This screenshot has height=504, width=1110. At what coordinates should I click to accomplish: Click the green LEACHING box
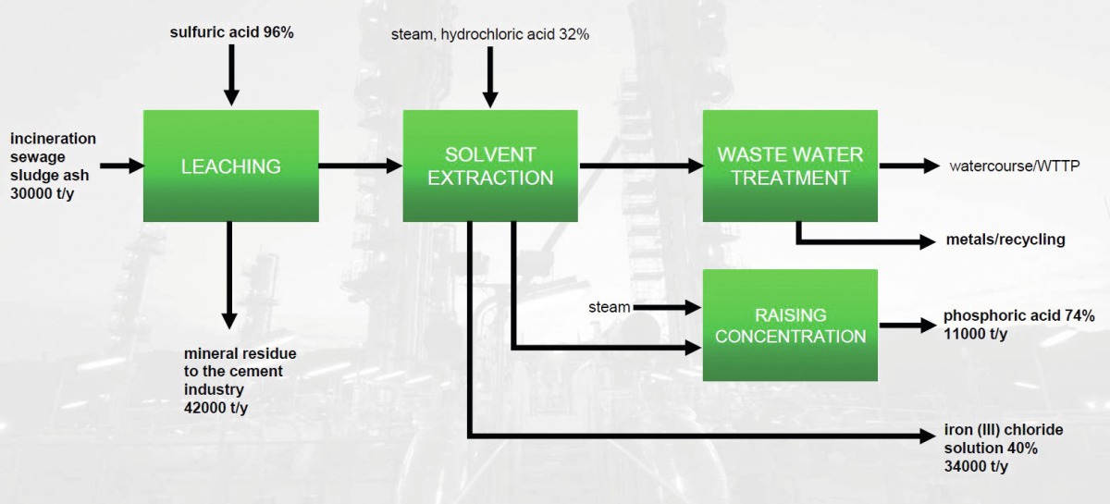click(x=231, y=166)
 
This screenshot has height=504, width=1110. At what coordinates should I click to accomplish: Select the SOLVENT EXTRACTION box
click(x=490, y=166)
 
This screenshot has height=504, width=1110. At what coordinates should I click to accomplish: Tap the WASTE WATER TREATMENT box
click(x=790, y=166)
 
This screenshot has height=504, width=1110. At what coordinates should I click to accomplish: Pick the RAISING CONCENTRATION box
click(x=790, y=326)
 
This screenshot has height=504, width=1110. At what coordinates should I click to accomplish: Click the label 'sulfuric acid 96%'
click(x=231, y=32)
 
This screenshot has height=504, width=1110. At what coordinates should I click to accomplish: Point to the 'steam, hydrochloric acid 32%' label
click(x=490, y=35)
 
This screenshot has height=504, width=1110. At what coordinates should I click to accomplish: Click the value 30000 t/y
click(x=43, y=194)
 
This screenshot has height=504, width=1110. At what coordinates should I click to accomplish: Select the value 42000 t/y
click(x=216, y=408)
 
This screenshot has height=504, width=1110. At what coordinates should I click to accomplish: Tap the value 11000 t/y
click(x=975, y=334)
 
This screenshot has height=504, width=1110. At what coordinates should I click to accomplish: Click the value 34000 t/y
click(x=976, y=466)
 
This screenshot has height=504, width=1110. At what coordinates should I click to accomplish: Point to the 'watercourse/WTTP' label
click(x=1015, y=166)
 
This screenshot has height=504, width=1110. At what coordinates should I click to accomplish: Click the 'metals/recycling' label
click(x=1005, y=240)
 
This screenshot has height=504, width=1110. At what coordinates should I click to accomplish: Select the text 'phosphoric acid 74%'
click(x=1018, y=315)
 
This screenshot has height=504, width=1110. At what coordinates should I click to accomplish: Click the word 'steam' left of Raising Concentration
click(x=609, y=307)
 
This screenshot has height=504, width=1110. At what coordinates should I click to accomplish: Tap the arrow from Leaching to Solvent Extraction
click(x=360, y=166)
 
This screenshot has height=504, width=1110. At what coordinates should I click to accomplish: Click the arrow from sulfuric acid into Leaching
click(x=231, y=75)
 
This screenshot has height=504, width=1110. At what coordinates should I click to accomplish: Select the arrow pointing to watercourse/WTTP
click(x=909, y=166)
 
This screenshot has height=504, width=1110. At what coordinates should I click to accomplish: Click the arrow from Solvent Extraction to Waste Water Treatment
click(x=641, y=166)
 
